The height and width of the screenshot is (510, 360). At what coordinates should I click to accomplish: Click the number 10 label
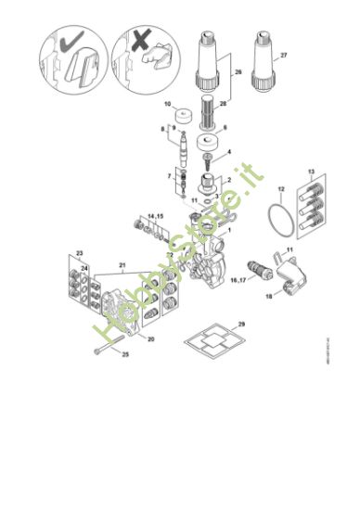[167, 105]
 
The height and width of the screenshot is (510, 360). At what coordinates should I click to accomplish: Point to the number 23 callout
[80, 251]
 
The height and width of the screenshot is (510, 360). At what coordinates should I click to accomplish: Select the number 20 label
[150, 339]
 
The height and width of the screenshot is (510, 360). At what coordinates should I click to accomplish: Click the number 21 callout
[121, 264]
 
